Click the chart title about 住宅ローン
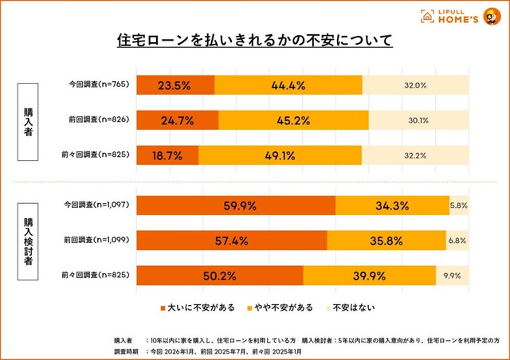pyautogui.click(x=255, y=39)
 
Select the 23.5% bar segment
pyautogui.click(x=175, y=85)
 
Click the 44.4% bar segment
pyautogui.click(x=288, y=85)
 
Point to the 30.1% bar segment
pyautogui.click(x=418, y=121)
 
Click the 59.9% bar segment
pyautogui.click(x=236, y=205)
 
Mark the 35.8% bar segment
pyautogui.click(x=386, y=240)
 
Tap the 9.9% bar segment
pyautogui.click(x=452, y=276)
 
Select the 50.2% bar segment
pyautogui.click(x=220, y=276)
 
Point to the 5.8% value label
pyautogui.click(x=459, y=205)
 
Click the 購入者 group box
pyautogui.click(x=29, y=121)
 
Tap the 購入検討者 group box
pyautogui.click(x=29, y=240)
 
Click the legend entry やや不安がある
pyautogui.click(x=279, y=307)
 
